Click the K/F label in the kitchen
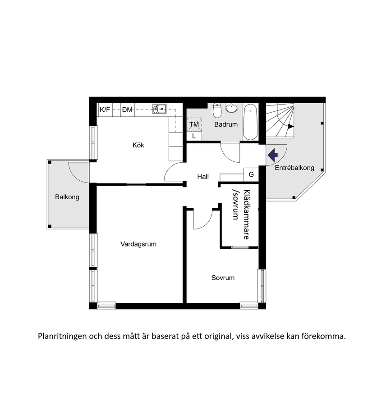coord(105,110)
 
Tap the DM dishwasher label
coord(127,110)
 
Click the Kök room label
coord(138,145)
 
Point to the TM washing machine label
coord(194,124)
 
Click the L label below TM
coord(194,136)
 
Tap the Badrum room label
coord(225,124)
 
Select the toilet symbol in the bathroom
coord(217,110)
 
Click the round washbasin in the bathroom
coord(231,108)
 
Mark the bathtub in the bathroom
coord(250,122)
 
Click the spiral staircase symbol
coord(280,120)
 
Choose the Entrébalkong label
coord(294,168)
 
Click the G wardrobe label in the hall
coord(251,174)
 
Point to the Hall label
coord(203,177)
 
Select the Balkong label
coord(67,197)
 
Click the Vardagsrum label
coord(138,244)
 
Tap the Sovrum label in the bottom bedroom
coord(223,278)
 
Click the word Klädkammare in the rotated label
coord(247,215)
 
